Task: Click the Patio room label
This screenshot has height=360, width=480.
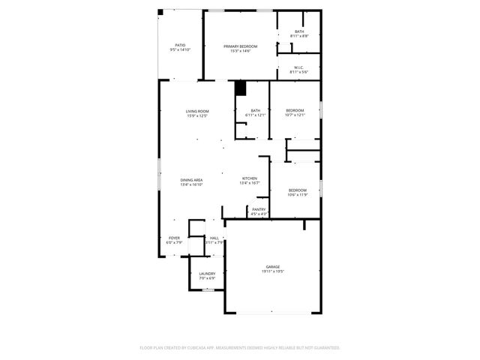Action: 180,45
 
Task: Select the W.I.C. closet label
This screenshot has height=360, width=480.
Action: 299,67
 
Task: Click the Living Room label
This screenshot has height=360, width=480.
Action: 197,111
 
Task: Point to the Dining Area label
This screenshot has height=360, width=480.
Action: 191,180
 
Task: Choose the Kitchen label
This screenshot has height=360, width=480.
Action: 250,178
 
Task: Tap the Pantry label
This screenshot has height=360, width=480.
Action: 259,209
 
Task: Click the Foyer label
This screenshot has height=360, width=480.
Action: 174,238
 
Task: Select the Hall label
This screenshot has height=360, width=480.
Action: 215,238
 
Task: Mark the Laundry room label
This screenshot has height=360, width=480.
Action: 207,274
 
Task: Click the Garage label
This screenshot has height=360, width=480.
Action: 272,267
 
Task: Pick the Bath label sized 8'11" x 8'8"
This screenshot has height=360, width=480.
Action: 299,31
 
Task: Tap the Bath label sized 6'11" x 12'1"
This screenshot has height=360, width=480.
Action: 256,111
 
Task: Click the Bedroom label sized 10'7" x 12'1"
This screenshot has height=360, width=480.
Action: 295,110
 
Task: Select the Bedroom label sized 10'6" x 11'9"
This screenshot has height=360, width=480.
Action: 298,190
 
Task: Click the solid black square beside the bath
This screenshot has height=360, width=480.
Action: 240,88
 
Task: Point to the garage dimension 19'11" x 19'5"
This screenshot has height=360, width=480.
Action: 272,271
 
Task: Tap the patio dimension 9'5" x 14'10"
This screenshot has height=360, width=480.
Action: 180,49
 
